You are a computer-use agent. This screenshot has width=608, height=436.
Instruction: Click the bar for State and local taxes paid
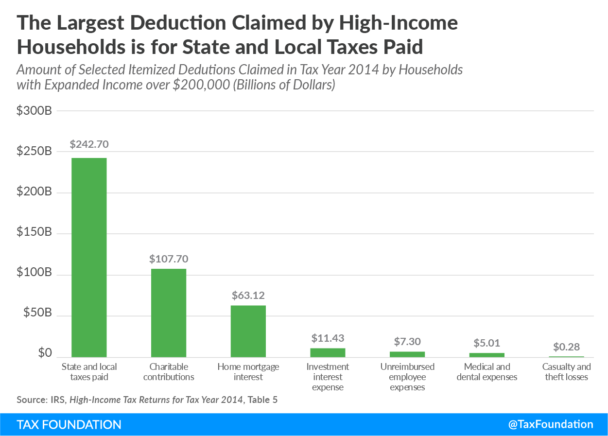89,258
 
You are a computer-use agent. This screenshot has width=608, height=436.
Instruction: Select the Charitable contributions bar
169,313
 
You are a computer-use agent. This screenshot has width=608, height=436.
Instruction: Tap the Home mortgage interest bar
248,331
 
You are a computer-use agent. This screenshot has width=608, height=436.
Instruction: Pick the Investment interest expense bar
328,352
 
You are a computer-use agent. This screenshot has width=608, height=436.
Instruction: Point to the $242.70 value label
89,144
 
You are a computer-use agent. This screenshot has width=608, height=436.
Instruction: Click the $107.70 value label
169,259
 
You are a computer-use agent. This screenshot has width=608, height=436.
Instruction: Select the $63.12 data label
248,296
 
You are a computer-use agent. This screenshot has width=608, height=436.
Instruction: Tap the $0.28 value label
566,348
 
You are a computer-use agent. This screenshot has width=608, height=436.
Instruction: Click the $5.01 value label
486,343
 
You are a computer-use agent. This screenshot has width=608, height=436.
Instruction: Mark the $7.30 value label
407,342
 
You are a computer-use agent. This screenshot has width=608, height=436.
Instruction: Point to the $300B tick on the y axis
34,111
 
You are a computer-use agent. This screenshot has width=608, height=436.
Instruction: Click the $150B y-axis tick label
34,233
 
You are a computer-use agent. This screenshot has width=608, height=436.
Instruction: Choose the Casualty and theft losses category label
566,372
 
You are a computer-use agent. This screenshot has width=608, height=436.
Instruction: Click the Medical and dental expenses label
486,372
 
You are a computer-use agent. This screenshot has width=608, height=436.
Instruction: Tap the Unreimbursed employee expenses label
407,377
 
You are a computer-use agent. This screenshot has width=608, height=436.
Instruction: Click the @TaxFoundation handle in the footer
551,424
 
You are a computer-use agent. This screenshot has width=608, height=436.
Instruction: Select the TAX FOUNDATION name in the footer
69,424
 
